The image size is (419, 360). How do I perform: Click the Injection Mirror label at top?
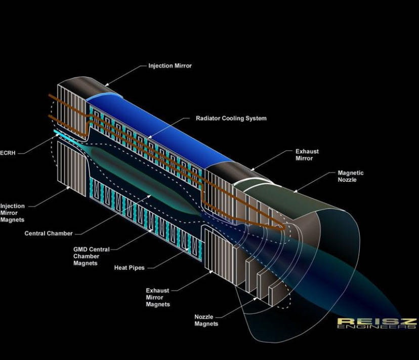pyautogui.click(x=170, y=66)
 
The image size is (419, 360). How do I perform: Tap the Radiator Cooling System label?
pyautogui.click(x=231, y=118)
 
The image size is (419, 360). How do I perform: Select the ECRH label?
pyautogui.click(x=8, y=153)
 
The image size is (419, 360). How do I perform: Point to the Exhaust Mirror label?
pyautogui.click(x=307, y=155)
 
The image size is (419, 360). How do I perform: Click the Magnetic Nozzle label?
pyautogui.click(x=351, y=176)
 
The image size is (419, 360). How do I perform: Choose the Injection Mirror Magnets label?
pyautogui.click(x=12, y=213)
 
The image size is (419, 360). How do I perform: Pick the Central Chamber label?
pyautogui.click(x=49, y=233)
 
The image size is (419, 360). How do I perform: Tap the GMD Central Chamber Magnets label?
pyautogui.click(x=92, y=256)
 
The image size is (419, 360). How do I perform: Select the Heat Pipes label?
pyautogui.click(x=130, y=268)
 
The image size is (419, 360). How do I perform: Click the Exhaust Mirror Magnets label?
pyautogui.click(x=158, y=297)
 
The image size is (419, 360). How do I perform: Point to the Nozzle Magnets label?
pyautogui.click(x=206, y=320)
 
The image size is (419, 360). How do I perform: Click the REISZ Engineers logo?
pyautogui.click(x=377, y=324)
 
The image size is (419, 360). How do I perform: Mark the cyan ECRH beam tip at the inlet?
pyautogui.click(x=55, y=131)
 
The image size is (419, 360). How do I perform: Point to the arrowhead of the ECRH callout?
pyautogui.click(x=58, y=135)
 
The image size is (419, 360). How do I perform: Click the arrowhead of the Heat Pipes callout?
pyautogui.click(x=188, y=249)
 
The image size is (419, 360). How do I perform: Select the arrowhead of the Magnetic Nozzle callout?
pyautogui.click(x=295, y=191)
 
